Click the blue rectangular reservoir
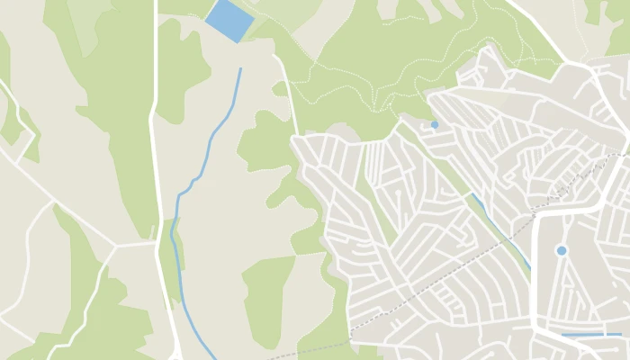(229, 21)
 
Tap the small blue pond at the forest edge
(435, 124)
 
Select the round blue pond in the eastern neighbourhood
(562, 250)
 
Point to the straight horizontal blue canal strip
(590, 335)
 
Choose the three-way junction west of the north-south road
(114, 245)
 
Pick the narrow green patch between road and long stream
(171, 261)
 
